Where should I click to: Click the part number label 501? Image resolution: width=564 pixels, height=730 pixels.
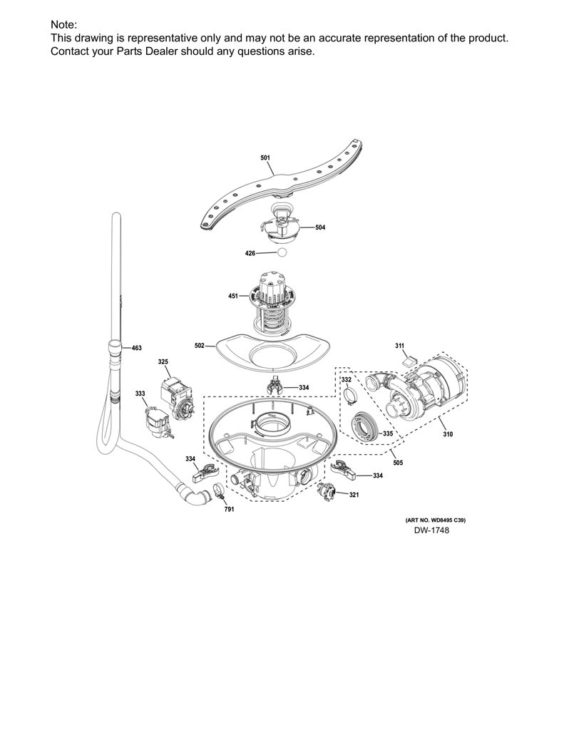click(x=265, y=158)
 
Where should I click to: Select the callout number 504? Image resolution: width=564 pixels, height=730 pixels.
click(x=320, y=227)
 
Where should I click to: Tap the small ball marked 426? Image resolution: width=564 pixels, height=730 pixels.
click(x=282, y=253)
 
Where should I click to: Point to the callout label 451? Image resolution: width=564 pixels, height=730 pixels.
click(x=233, y=296)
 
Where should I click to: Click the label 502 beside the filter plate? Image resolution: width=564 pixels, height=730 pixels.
click(x=200, y=346)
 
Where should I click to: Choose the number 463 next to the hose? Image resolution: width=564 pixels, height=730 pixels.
click(x=136, y=348)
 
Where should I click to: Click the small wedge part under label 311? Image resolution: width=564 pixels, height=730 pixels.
click(x=409, y=359)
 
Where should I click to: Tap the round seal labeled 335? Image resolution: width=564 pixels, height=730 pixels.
click(x=366, y=426)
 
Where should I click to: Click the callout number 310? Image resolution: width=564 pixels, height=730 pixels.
click(x=447, y=434)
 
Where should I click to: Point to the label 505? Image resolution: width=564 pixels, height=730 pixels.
click(x=398, y=463)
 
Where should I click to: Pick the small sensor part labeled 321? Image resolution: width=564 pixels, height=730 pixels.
click(x=326, y=492)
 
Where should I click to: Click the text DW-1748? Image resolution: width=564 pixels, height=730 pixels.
click(x=431, y=530)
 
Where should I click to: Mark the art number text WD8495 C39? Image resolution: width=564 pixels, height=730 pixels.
click(x=446, y=520)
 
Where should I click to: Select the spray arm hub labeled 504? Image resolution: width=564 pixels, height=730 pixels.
click(x=280, y=224)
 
